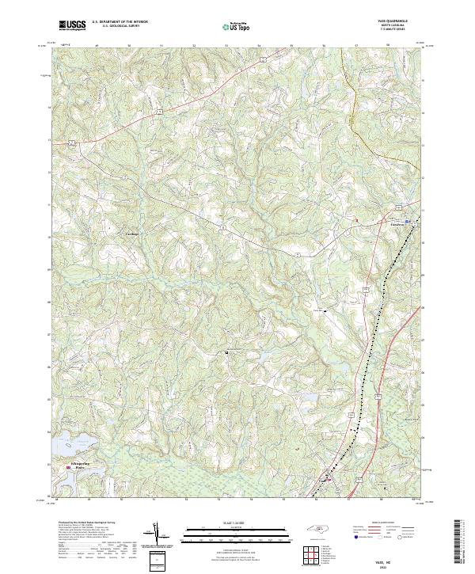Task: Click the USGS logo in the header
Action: [72, 25]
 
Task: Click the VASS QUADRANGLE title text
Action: [400, 21]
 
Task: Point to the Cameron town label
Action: [393, 223]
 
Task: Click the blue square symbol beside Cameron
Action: [408, 221]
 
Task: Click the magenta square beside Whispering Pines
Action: [68, 468]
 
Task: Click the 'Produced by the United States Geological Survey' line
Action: [83, 523]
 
